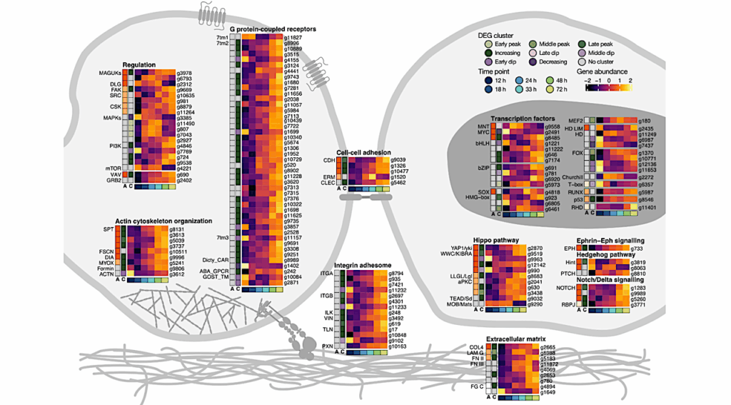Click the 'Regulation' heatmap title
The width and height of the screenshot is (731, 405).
(139, 64)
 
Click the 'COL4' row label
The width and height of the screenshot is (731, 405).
(478, 347)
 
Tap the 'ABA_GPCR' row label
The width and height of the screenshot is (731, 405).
(215, 272)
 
